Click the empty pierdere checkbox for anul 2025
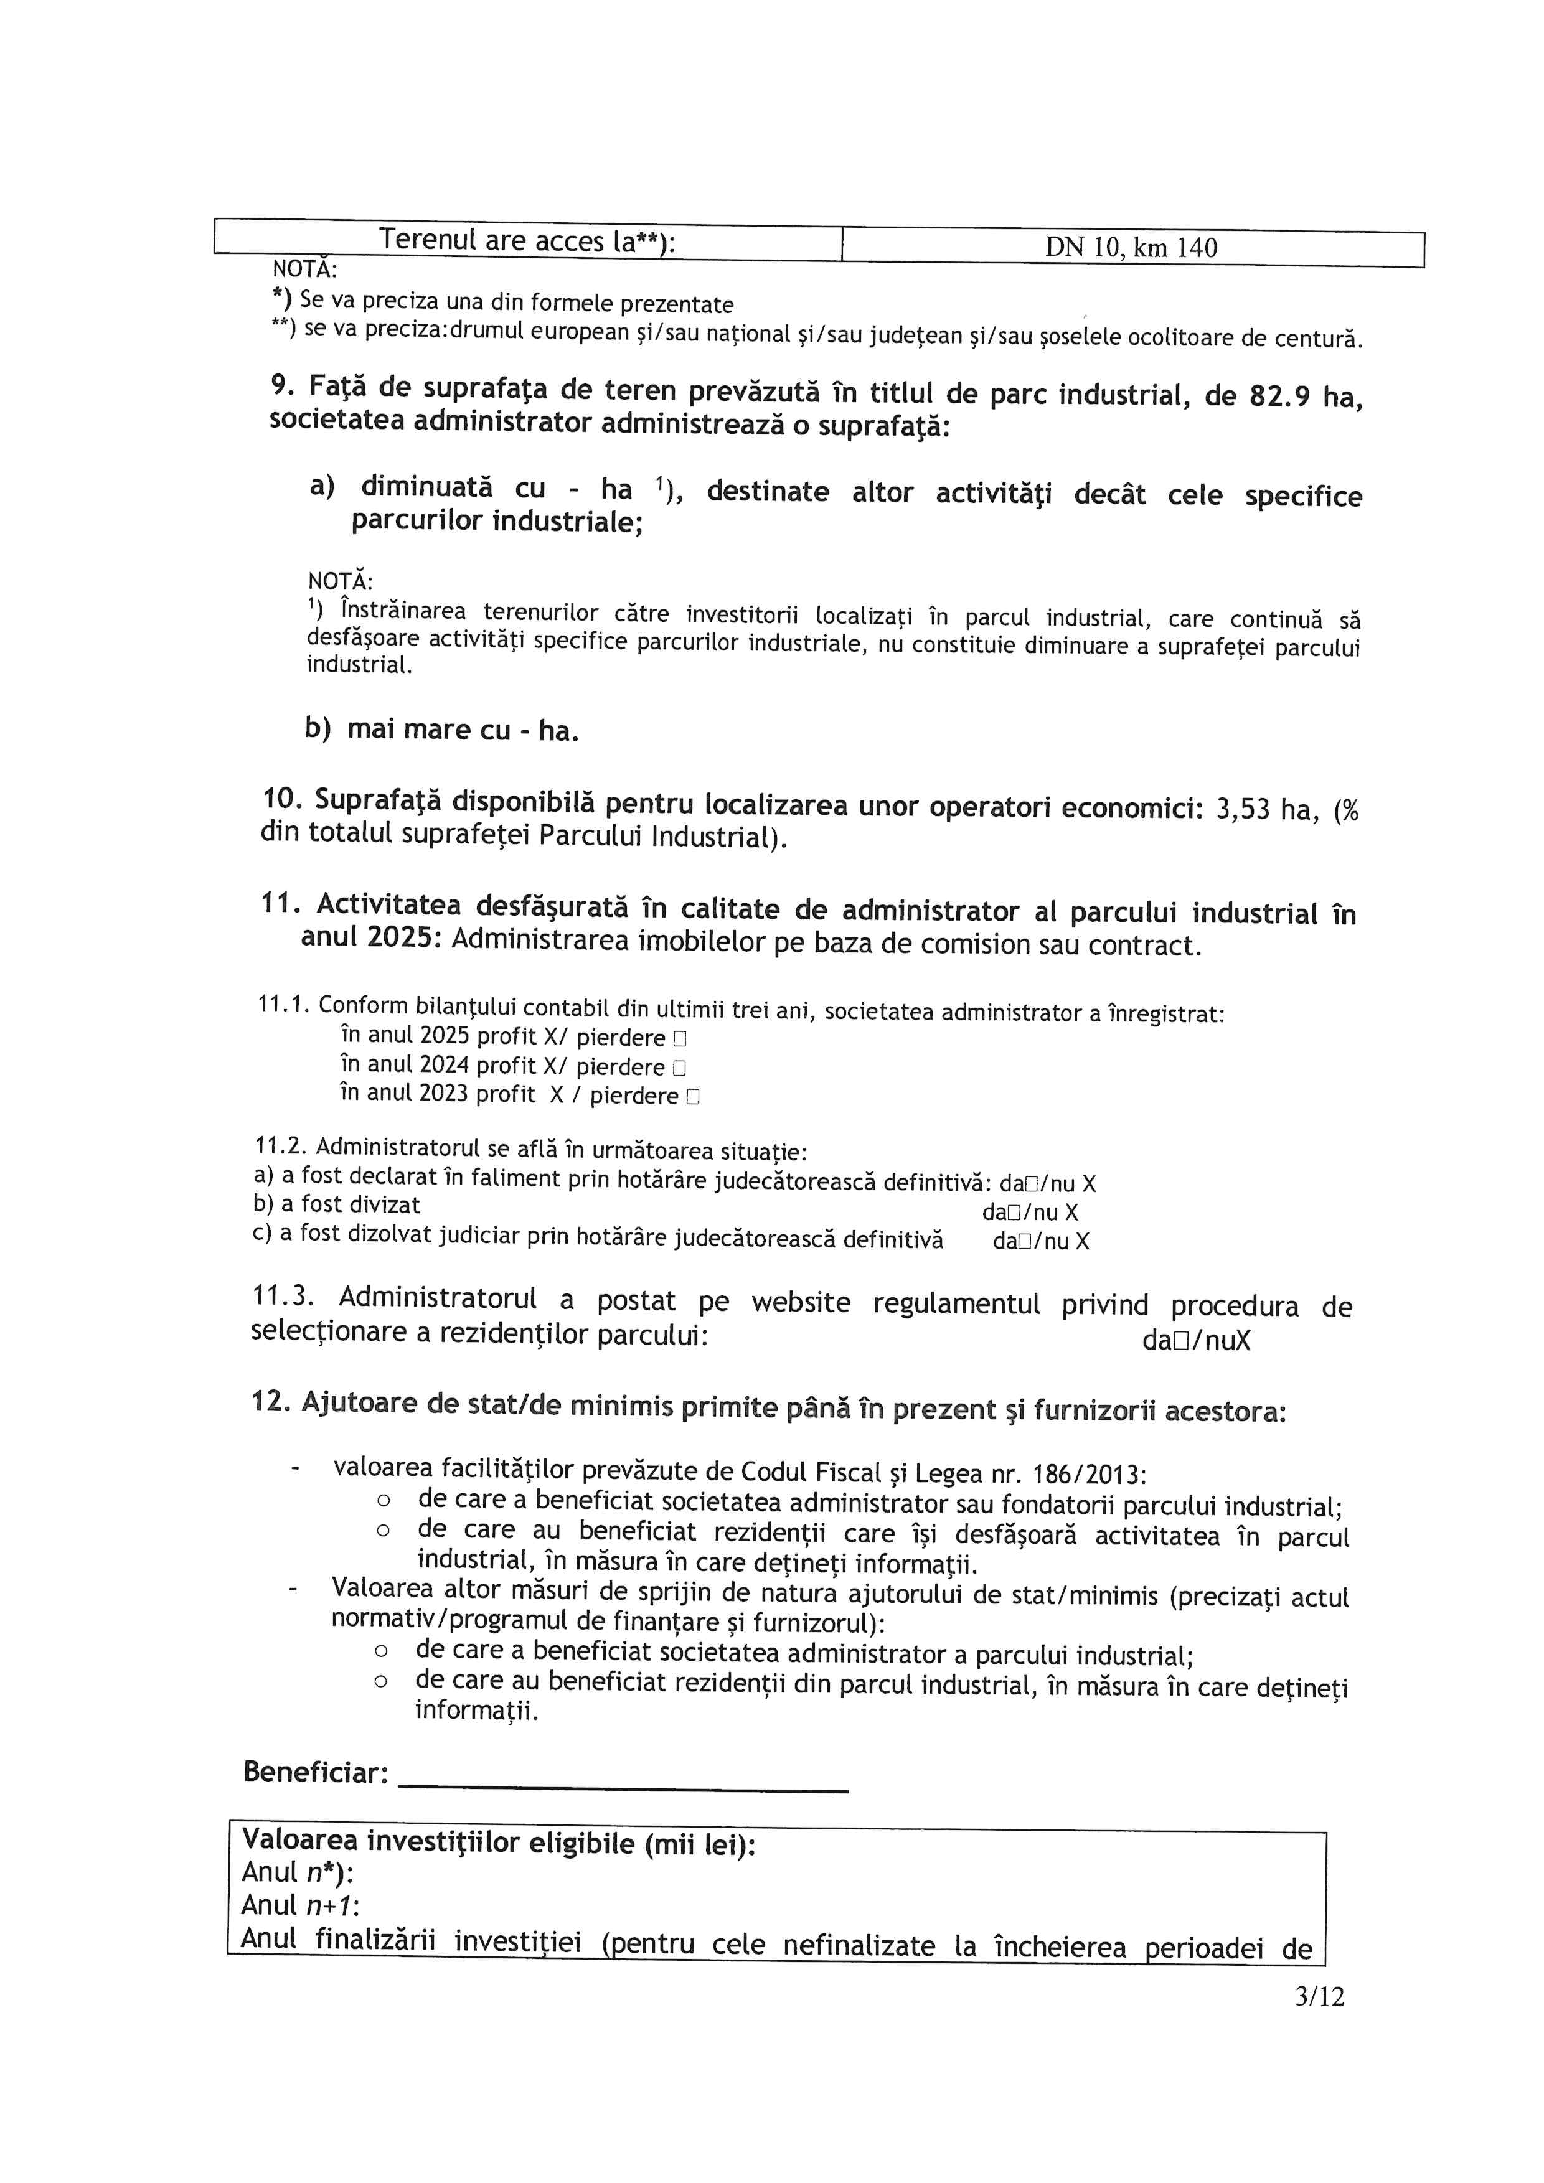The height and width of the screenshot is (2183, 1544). point(680,1039)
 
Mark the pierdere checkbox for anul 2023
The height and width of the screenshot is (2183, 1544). point(692,1097)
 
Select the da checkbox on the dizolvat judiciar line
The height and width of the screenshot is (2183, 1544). point(1023,1242)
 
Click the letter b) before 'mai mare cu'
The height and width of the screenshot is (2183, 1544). point(318,728)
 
